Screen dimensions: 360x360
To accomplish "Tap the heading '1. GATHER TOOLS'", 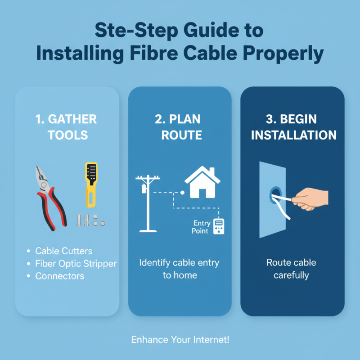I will tap(67, 127).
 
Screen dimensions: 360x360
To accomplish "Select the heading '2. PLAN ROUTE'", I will tap(180, 127).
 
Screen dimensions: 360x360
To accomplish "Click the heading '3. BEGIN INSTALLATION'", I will tap(293, 127).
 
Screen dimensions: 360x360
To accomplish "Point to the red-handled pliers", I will tap(49, 196).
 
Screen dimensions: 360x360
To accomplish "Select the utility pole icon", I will tap(148, 202).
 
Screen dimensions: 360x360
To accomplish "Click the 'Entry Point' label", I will tap(201, 227).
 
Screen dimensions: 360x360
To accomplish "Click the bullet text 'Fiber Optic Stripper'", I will tap(76, 264).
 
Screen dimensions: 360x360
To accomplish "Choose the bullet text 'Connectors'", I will tap(60, 276).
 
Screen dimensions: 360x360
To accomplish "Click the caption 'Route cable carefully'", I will tap(291, 268).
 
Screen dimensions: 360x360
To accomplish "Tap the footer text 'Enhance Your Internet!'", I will tap(180, 340).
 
